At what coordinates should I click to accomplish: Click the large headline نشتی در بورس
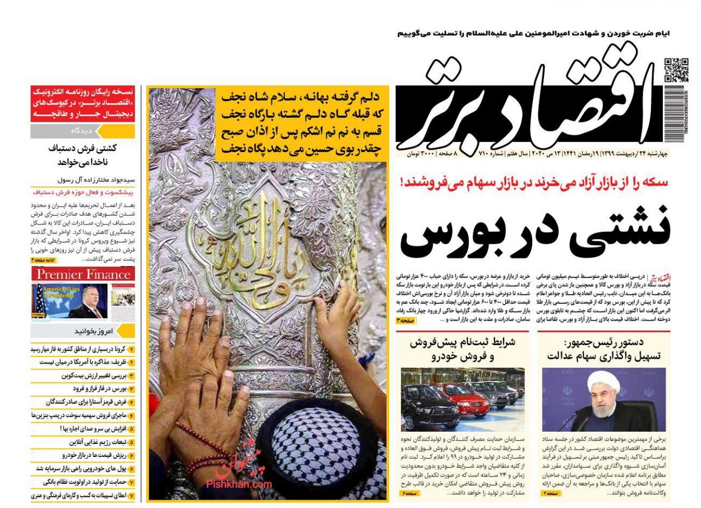(x=535, y=231)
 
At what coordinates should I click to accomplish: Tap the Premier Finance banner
(x=83, y=274)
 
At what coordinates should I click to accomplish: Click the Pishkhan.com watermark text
(x=239, y=484)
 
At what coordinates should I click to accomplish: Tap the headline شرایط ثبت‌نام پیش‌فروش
(x=469, y=342)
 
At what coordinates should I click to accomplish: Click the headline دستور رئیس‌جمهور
(x=603, y=342)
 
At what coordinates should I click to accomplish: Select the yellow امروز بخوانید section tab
(x=83, y=330)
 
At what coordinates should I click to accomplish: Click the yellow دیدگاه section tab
(x=83, y=131)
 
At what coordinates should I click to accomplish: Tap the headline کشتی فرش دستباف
(x=83, y=155)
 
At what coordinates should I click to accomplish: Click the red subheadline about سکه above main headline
(x=535, y=182)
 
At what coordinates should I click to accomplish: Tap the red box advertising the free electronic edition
(x=83, y=103)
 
